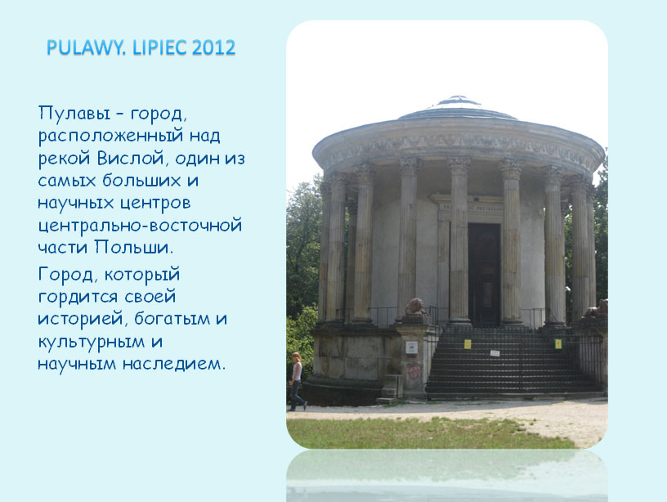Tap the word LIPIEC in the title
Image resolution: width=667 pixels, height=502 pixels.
[159, 47]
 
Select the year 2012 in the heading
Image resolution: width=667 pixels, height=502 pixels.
[213, 47]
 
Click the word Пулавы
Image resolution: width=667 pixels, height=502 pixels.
[74, 114]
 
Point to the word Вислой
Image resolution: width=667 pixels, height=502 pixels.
[131, 159]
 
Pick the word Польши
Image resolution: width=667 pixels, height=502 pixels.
[133, 247]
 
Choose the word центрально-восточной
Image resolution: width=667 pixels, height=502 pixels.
[140, 225]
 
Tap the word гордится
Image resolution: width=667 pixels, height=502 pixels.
[78, 297]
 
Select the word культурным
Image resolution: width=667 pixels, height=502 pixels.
[92, 342]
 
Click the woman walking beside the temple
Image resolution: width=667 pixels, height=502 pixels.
[297, 381]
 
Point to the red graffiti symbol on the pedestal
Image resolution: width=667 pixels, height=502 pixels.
[414, 372]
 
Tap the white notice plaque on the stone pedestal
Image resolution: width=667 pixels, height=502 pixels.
[411, 347]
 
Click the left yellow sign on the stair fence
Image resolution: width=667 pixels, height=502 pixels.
[468, 343]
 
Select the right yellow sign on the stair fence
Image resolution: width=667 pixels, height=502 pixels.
[557, 343]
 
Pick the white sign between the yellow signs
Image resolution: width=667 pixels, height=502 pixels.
[495, 353]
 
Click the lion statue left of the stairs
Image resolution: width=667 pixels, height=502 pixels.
[415, 307]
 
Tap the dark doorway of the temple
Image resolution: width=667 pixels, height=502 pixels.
[484, 275]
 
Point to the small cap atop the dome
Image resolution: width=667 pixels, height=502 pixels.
[458, 101]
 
